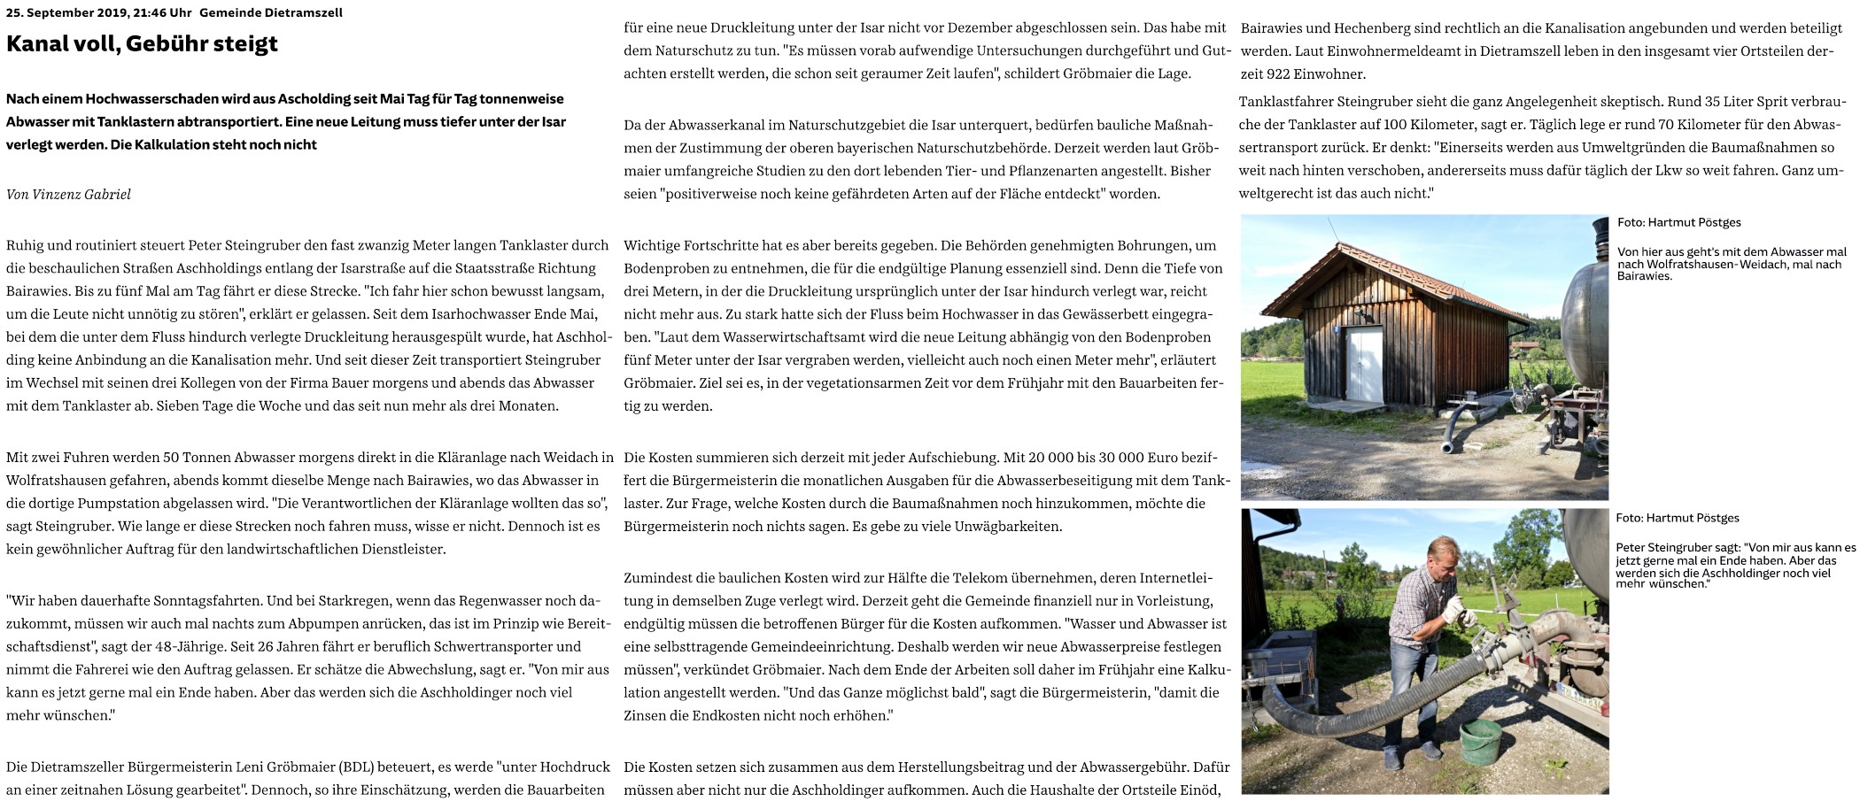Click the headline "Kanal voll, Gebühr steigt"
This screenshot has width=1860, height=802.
click(142, 43)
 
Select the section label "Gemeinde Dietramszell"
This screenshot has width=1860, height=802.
click(271, 12)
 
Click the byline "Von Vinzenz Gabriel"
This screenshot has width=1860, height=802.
click(68, 194)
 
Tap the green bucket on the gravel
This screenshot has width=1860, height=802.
click(1480, 742)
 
